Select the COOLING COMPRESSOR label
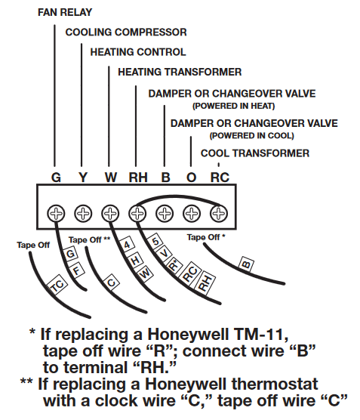click(125, 32)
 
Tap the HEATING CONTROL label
click(137, 52)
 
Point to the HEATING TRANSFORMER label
click(180, 72)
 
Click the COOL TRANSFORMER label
click(254, 153)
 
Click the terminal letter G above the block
click(56, 178)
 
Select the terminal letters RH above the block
click(137, 178)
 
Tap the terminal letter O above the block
click(192, 178)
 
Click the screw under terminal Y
click(83, 213)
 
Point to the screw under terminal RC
click(218, 213)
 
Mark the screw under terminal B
click(165, 213)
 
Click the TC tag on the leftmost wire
click(56, 288)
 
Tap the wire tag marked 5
click(155, 242)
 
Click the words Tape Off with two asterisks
click(89, 239)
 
